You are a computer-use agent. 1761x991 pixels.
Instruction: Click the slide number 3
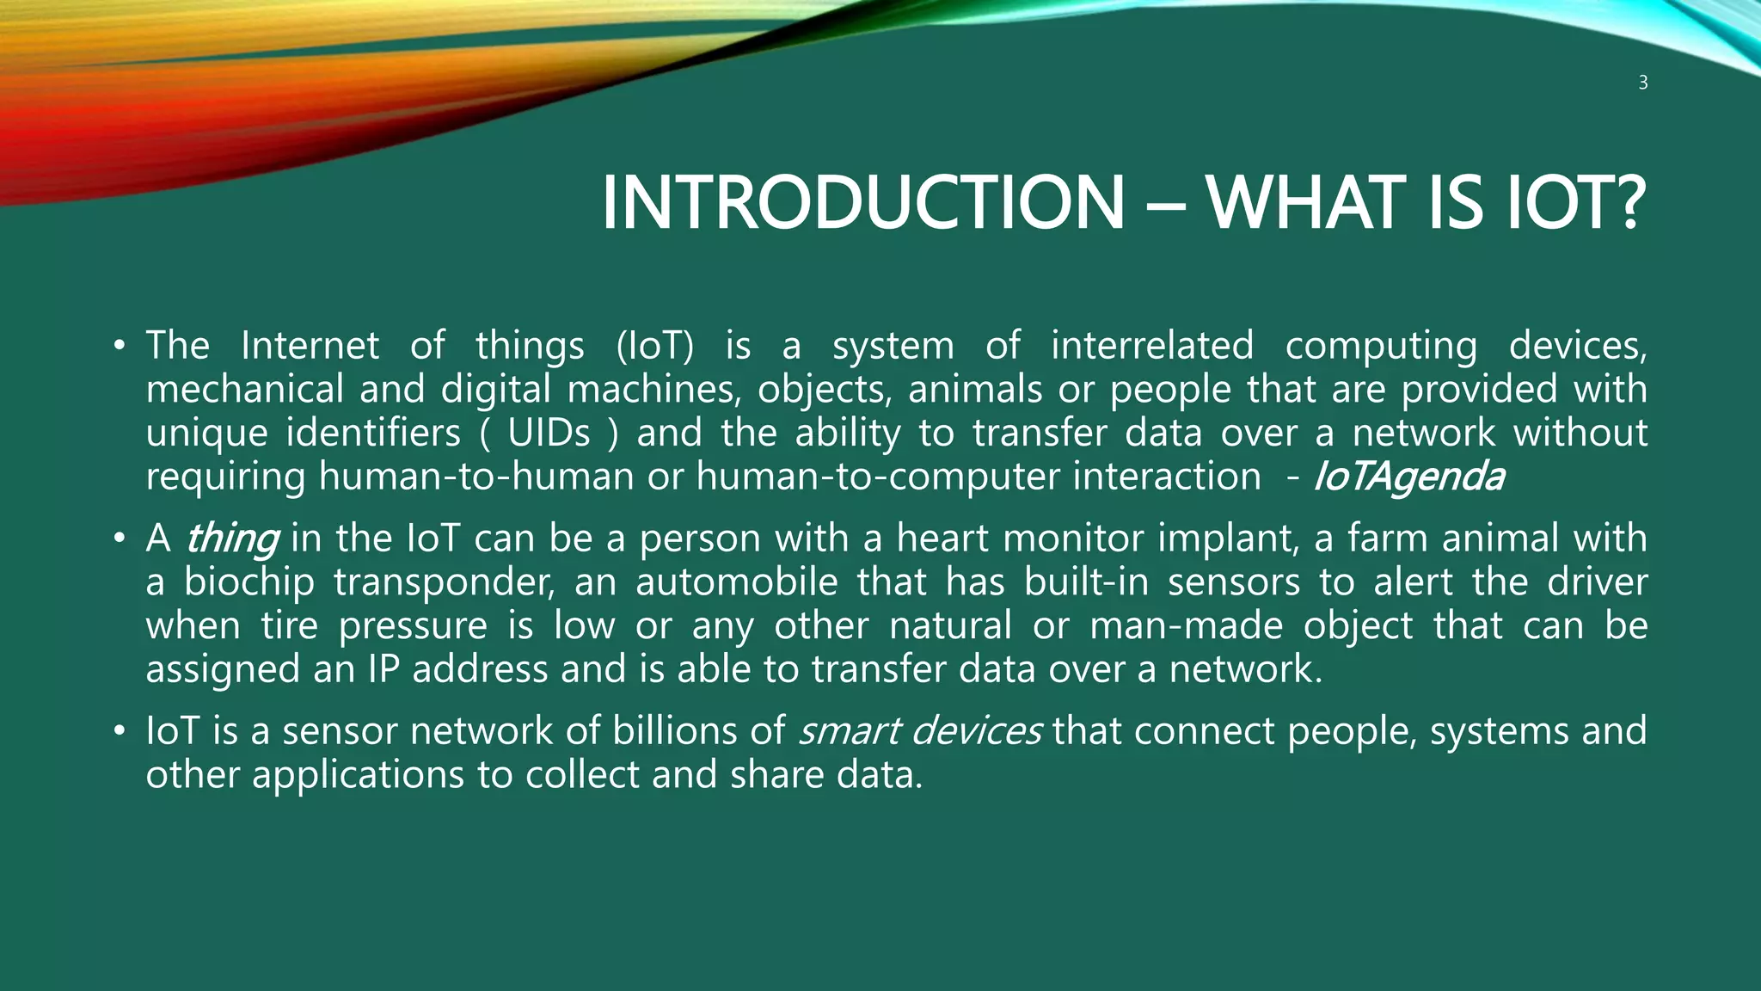(x=1642, y=83)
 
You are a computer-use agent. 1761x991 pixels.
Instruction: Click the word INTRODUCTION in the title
(x=862, y=203)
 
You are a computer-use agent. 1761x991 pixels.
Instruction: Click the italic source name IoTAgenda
(x=1409, y=477)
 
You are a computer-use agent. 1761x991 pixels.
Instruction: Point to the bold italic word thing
(x=231, y=539)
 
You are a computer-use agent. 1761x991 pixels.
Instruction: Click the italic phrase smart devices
(x=920, y=731)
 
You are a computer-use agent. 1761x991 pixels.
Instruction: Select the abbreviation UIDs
(x=549, y=433)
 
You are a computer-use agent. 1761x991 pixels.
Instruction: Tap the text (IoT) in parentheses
(x=654, y=346)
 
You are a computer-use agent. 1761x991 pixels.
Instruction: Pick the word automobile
(x=736, y=582)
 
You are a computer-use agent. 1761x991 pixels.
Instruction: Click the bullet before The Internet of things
(x=120, y=347)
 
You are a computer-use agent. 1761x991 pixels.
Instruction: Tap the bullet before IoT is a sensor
(x=120, y=732)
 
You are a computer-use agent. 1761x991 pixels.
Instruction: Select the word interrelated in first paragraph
(x=1152, y=346)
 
